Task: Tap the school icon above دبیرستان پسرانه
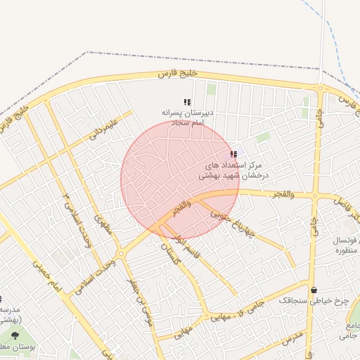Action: (187, 103)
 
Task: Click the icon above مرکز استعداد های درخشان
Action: (233, 154)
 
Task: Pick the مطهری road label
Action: (103, 226)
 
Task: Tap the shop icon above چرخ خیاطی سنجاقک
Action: (314, 289)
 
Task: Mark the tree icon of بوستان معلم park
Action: (15, 335)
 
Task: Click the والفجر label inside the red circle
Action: (181, 209)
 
